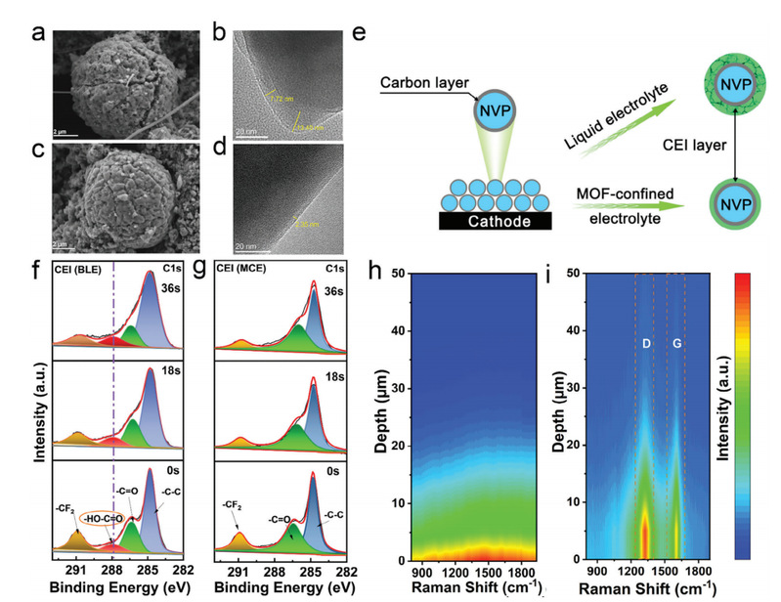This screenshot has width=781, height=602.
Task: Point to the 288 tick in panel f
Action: (x=112, y=569)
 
